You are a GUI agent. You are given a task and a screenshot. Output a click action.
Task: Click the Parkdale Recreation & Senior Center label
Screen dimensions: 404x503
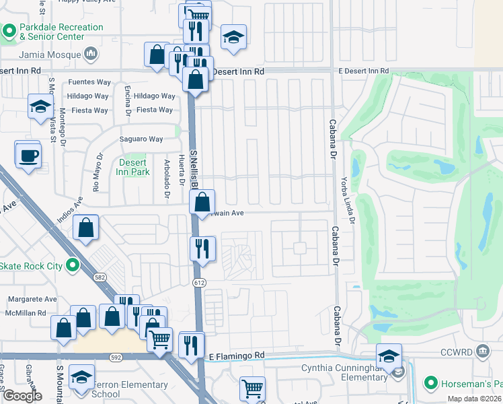61,32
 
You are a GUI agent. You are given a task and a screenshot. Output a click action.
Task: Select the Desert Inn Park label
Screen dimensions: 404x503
134,167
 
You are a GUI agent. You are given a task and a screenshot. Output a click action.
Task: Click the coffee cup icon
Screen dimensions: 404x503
28,156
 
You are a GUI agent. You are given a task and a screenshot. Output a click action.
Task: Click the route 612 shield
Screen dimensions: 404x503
200,281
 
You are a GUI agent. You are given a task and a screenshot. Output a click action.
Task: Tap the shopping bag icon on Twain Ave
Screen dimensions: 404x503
202,201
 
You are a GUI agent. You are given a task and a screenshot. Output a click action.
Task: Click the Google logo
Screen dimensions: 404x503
22,396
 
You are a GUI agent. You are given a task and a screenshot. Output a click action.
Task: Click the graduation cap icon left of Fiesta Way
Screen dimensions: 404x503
40,106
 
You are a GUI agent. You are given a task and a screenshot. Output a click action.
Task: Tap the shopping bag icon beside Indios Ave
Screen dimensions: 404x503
87,228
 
